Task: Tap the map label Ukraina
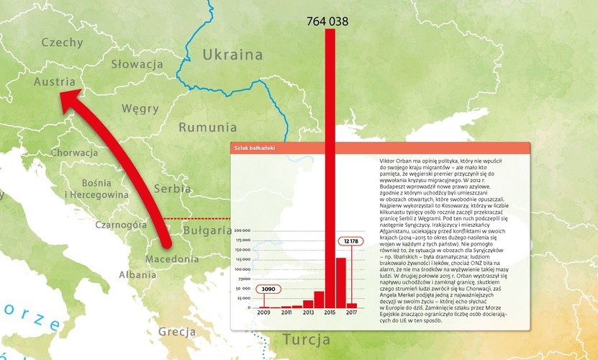tap(232, 55)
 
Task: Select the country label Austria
tap(55, 82)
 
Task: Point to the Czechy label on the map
tap(63, 42)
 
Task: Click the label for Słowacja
tap(137, 64)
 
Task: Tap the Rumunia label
tap(202, 127)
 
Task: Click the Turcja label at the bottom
tap(306, 339)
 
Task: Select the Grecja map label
tap(177, 332)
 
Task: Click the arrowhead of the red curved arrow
tap(66, 102)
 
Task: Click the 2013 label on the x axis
tap(308, 312)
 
